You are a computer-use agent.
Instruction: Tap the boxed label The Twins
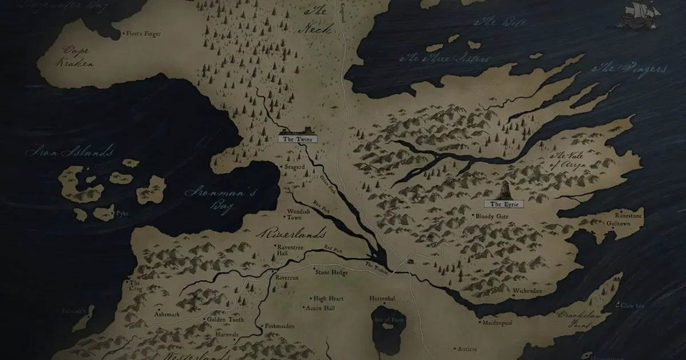[x=297, y=139]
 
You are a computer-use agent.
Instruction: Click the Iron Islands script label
[x=69, y=153]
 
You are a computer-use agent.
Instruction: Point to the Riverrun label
[x=287, y=277]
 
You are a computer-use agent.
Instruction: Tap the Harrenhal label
[x=382, y=298]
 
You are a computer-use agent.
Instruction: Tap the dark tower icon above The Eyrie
[x=506, y=190]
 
